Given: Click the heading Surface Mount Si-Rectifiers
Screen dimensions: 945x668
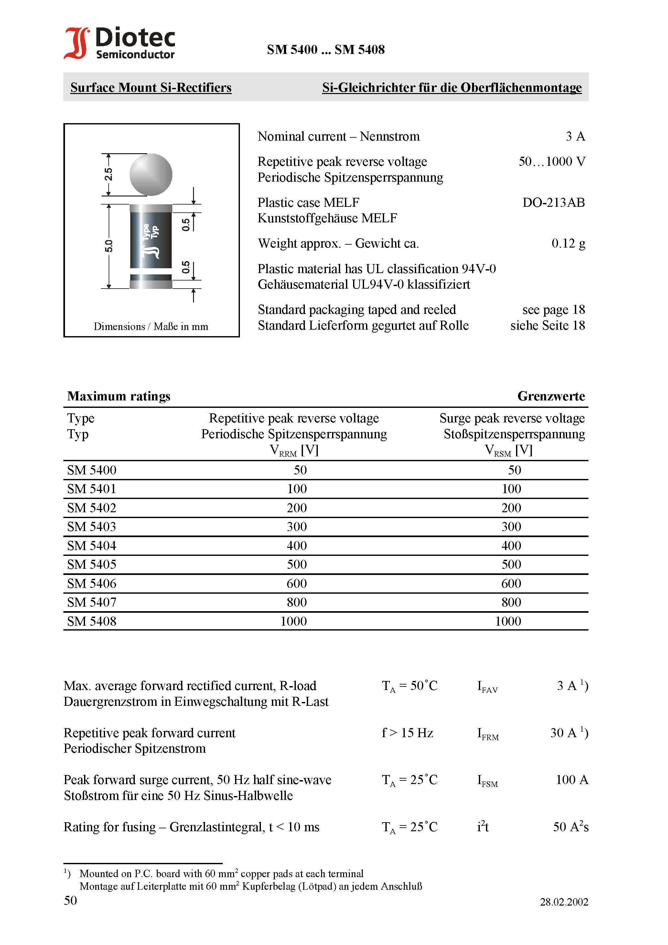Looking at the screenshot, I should click(x=151, y=88).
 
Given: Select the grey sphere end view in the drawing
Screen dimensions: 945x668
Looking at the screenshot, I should click(x=151, y=175).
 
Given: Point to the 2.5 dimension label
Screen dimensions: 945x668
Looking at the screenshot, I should click(x=108, y=175).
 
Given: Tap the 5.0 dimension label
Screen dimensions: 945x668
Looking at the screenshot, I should click(x=108, y=246).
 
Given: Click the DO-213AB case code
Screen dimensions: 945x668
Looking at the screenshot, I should click(x=553, y=203).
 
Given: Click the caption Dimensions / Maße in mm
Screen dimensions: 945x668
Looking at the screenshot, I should click(x=151, y=327).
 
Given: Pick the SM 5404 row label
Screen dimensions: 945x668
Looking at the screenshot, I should click(x=92, y=546).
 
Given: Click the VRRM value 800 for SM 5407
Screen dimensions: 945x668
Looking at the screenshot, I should click(x=296, y=602).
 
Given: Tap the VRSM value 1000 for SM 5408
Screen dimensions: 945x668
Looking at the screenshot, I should click(x=508, y=621).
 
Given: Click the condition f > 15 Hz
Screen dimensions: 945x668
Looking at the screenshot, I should click(x=407, y=733).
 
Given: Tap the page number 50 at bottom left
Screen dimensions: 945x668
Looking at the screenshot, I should click(x=70, y=900).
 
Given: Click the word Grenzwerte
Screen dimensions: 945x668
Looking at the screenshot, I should click(x=551, y=396).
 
